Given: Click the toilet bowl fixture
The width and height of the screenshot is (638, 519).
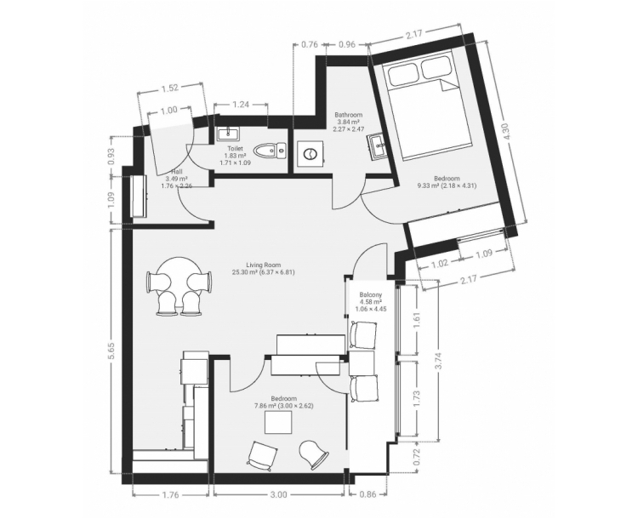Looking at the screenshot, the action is coord(271,151).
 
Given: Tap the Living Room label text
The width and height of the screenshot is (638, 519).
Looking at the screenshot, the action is coord(263,265).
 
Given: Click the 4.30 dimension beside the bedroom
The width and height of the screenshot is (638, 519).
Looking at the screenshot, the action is coord(507,132).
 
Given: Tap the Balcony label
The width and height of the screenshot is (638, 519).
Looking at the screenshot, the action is coord(371,294).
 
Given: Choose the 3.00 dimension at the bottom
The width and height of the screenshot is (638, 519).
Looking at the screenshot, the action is coord(278,494).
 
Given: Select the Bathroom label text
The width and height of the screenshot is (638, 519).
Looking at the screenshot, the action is coord(348,115).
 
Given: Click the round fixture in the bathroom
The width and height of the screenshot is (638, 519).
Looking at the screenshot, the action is coord(310,154).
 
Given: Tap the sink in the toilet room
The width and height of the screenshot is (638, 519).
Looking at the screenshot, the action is coord(228,134).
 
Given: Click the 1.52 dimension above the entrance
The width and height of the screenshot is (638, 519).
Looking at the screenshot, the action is coord(169,88).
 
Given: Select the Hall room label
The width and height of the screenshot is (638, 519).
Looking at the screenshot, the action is coord(177,172).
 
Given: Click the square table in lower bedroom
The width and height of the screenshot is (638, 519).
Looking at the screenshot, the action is coord(278,423).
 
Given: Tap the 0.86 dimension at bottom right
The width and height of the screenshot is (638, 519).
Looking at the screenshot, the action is coord(367,494).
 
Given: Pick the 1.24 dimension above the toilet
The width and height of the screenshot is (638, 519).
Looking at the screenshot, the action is coord(241,105).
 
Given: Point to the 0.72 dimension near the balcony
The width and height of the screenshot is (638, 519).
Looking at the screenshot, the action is coord(417,457).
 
